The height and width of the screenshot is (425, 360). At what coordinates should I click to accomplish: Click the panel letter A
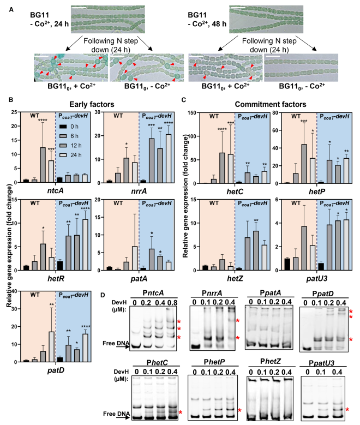coord(11,10)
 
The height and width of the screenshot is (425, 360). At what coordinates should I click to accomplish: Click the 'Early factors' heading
coord(92,104)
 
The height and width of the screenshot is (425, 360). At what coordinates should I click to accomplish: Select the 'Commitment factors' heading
coord(270,104)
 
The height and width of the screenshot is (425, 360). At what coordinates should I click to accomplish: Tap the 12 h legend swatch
coord(63,146)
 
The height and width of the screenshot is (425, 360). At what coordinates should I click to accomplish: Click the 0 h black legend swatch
coord(63,127)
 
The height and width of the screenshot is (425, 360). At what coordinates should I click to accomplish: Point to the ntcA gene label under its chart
coord(56,191)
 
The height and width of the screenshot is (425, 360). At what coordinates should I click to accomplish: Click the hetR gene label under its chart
coord(56,278)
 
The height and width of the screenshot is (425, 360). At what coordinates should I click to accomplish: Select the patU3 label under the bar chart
coord(316,278)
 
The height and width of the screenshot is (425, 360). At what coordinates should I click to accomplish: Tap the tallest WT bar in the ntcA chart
coord(43,165)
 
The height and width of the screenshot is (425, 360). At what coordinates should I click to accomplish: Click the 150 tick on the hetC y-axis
coord(193,112)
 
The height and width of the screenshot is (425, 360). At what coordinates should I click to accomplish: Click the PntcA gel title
coord(153,293)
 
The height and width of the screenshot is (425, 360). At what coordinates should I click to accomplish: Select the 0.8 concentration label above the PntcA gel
coord(172,302)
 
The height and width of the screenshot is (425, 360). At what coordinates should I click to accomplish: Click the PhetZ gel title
coord(270,361)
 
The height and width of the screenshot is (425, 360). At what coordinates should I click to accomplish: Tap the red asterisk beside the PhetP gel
coord(239,411)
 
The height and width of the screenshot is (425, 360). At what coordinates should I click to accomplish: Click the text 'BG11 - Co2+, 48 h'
coord(207,19)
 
